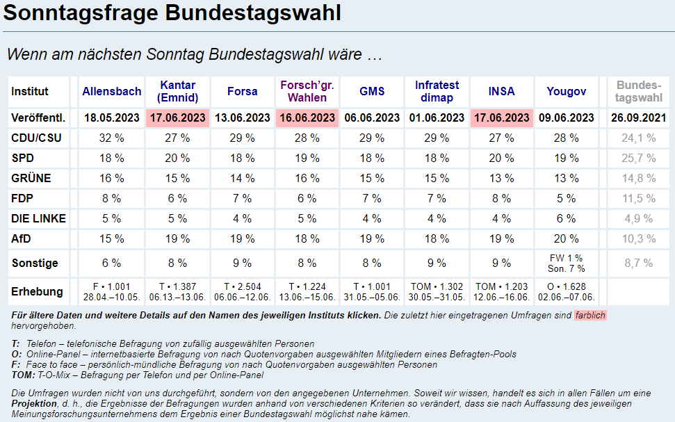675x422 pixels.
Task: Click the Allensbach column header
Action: point(111,91)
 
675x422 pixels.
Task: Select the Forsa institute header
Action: point(242,91)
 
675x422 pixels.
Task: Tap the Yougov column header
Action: point(566,91)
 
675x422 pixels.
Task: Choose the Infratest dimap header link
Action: point(437,91)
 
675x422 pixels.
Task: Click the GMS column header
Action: point(372,91)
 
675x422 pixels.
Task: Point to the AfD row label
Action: point(22,238)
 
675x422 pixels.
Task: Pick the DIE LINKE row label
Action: point(39,218)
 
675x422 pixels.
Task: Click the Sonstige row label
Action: point(35,263)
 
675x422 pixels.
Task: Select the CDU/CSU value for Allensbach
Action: point(111,138)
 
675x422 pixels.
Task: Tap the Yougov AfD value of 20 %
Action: point(566,238)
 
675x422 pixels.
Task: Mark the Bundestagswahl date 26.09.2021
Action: point(639,117)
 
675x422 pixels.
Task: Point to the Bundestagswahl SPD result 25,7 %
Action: point(639,158)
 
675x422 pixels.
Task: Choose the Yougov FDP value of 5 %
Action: point(566,198)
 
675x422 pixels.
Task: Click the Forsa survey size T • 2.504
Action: point(242,286)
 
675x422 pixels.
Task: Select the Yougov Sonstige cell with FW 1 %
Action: point(566,259)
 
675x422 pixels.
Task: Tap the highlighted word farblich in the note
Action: point(590,316)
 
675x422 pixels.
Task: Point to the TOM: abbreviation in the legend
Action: point(24,375)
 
